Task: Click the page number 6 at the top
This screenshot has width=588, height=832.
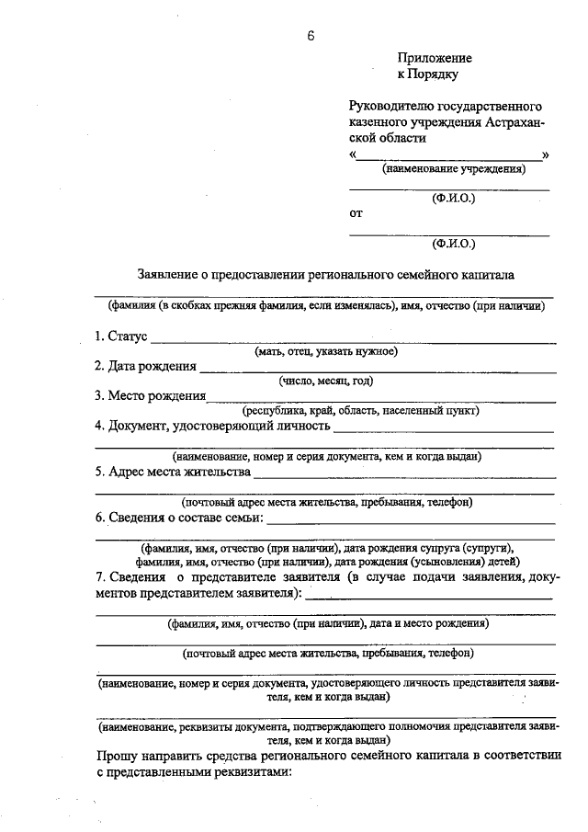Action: (311, 36)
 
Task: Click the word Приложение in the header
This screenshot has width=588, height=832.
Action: (435, 58)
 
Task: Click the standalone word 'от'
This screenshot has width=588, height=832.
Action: (356, 213)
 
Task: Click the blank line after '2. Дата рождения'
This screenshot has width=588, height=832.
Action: (377, 370)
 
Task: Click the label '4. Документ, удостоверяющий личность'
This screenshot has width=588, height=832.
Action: (212, 427)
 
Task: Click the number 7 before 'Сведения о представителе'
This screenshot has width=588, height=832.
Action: (99, 576)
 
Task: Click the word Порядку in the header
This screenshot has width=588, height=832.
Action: (434, 74)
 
